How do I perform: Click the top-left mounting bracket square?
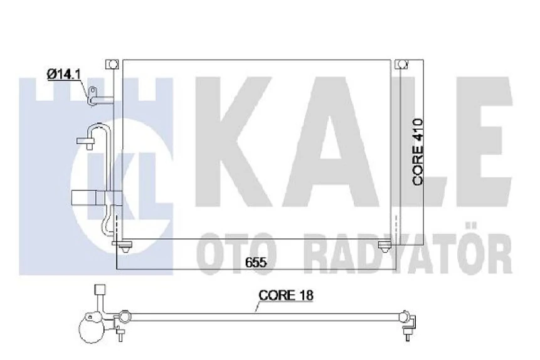tap(112, 64)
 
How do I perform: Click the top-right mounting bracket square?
tap(402, 64)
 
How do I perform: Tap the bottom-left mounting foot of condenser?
tap(128, 246)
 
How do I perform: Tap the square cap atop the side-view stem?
tap(98, 290)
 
